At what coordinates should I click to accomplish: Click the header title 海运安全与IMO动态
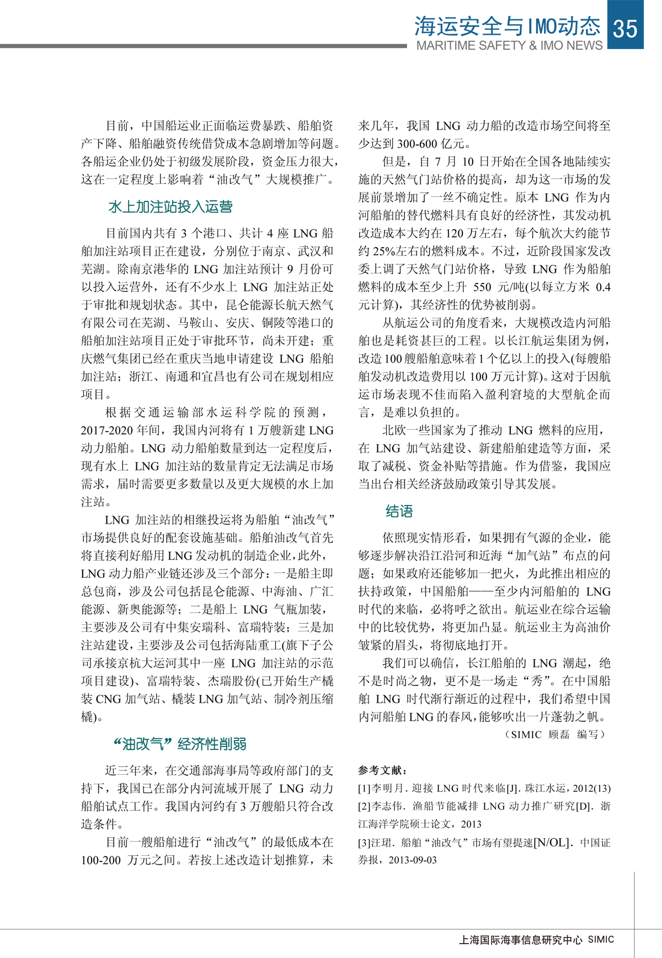click(507, 25)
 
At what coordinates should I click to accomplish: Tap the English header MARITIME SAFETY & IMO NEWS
click(509, 46)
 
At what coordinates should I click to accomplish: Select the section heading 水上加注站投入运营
click(170, 207)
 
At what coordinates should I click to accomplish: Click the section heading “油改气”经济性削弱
click(180, 744)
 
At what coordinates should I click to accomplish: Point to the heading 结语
click(399, 512)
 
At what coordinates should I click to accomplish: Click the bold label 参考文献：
click(383, 770)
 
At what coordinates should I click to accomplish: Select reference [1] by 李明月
click(484, 789)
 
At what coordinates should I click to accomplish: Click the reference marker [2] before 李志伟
click(364, 807)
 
